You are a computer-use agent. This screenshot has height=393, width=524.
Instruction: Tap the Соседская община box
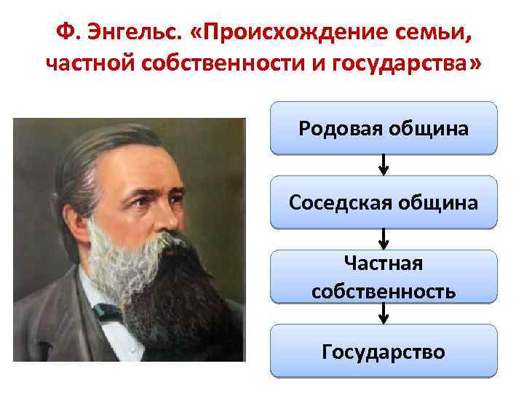pos(384,202)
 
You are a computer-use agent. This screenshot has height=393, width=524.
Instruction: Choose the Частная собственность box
pos(384,277)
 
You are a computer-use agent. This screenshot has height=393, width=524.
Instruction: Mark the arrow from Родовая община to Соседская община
pos(384,165)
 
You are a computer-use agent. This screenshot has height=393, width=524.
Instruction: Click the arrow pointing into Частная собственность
pos(384,239)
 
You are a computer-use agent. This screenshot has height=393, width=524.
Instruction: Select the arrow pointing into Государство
pos(384,314)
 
